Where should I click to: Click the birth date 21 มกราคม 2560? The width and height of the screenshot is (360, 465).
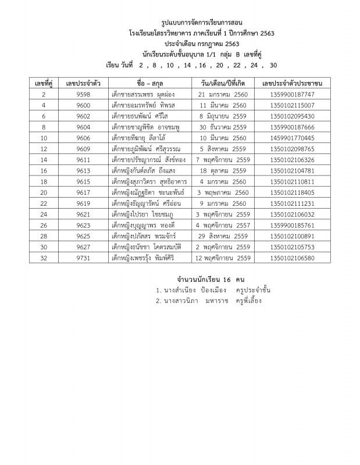pos(223,94)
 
